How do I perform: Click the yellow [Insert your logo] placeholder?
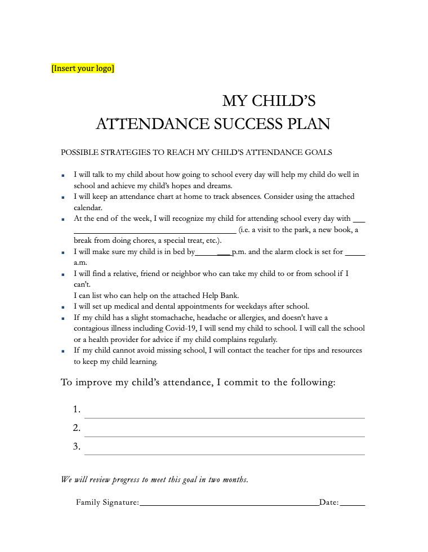click(83, 69)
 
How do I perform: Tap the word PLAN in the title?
click(309, 124)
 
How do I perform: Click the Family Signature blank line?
click(229, 504)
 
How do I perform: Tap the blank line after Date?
click(353, 504)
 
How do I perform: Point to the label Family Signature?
click(107, 502)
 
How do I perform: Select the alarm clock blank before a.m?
click(355, 253)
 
